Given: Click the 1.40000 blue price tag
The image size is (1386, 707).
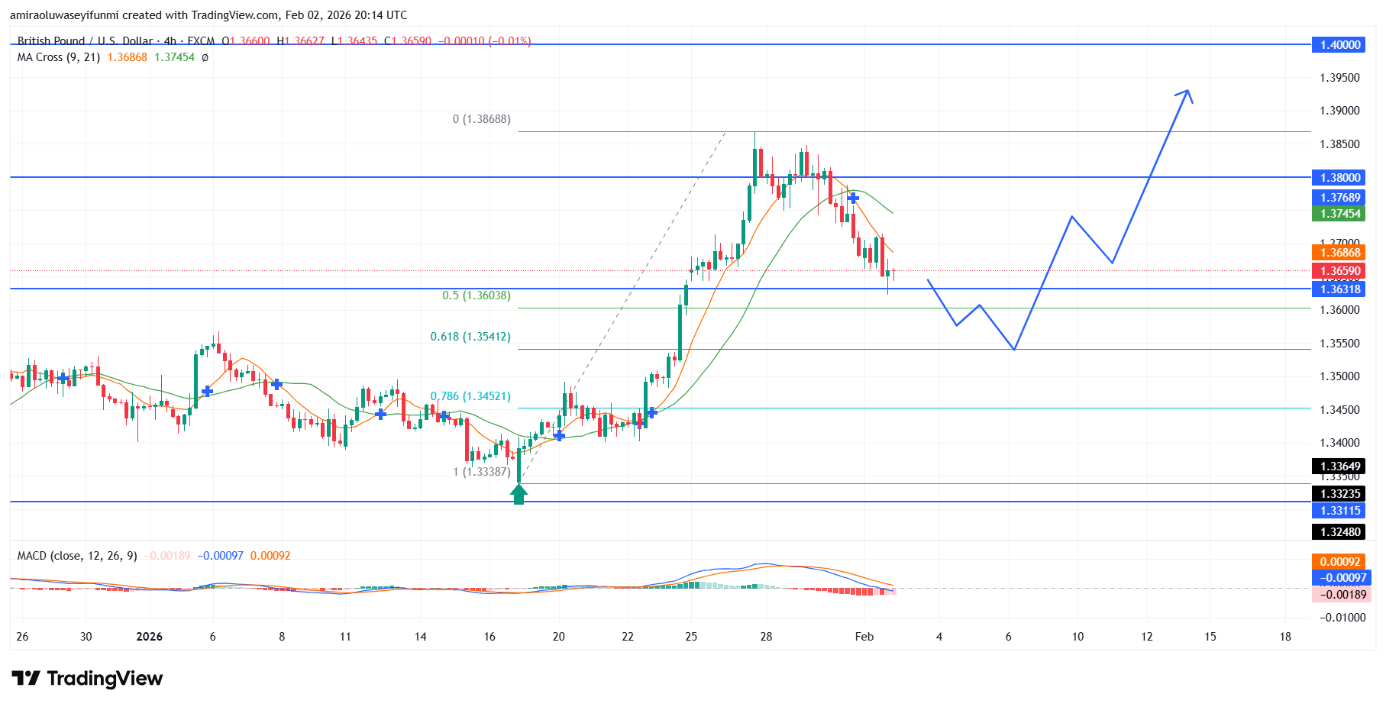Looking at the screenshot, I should click(x=1340, y=45).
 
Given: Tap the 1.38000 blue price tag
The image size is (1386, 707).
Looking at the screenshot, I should click(x=1340, y=178).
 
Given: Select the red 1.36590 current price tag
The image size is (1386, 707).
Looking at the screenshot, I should click(x=1340, y=271).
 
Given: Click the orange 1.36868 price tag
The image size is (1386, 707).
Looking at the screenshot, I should click(x=1340, y=253).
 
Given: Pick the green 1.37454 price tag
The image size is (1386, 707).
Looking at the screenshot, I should click(x=1340, y=214).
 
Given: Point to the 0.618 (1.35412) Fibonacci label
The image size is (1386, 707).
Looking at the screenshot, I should click(x=470, y=337).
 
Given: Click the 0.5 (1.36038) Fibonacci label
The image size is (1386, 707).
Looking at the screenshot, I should click(x=477, y=295).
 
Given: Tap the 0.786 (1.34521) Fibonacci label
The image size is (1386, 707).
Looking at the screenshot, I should click(x=470, y=396).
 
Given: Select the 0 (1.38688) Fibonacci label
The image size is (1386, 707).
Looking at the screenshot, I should click(x=481, y=119).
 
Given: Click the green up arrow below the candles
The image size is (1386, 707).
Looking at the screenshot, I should click(x=519, y=495).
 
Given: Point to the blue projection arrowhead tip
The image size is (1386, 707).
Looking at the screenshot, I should click(x=1187, y=91).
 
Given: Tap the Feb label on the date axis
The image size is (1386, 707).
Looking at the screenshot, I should click(x=864, y=637).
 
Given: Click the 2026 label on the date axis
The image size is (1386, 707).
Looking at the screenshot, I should click(x=149, y=637).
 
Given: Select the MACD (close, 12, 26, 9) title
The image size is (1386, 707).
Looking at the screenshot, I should click(x=77, y=556).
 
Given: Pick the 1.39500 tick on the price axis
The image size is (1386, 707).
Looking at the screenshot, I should click(x=1339, y=78).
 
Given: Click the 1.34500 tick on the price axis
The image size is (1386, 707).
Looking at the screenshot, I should click(x=1339, y=410).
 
